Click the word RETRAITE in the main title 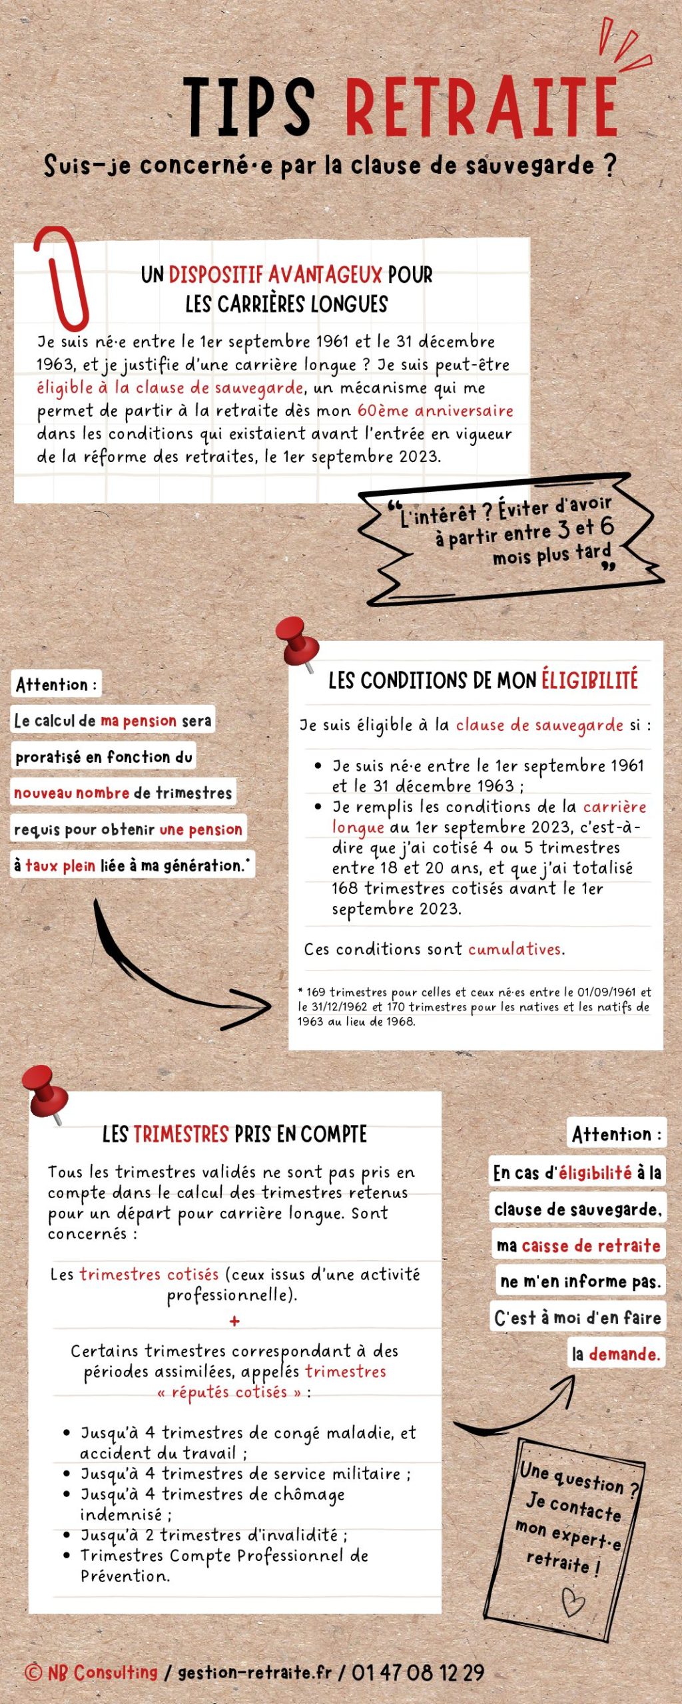[481, 108]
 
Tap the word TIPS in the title [248, 108]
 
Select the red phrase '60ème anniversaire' [435, 411]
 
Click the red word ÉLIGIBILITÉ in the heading [589, 680]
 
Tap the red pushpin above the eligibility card [297, 642]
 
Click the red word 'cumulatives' [515, 949]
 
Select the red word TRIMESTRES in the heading [181, 1134]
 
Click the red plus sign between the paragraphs [234, 1321]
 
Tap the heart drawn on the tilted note [572, 1601]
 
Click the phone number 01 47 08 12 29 [418, 1673]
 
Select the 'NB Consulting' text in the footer [102, 1673]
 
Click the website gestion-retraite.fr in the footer [254, 1673]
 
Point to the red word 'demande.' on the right [624, 1354]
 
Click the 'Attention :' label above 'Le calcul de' [56, 684]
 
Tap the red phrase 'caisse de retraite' [591, 1245]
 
